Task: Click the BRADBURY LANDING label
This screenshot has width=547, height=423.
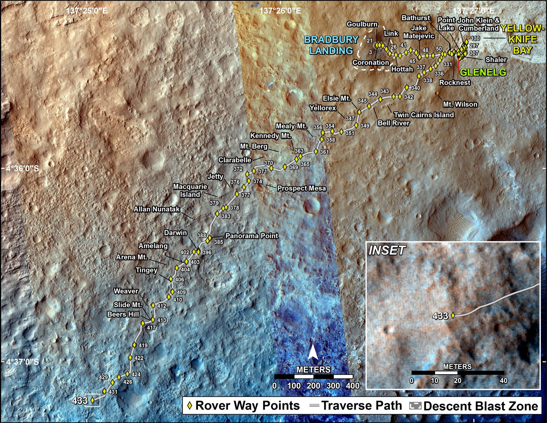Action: click(x=331, y=45)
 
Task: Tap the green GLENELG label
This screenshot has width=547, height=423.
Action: click(x=483, y=72)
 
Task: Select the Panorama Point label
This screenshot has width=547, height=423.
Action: click(x=252, y=236)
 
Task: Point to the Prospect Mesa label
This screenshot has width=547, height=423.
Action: click(x=302, y=188)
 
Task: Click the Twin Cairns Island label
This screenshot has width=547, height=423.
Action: click(x=424, y=115)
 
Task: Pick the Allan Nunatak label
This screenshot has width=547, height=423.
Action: click(x=157, y=209)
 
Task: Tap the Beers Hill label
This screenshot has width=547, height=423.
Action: click(x=123, y=314)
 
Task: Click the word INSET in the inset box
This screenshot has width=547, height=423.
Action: click(x=387, y=251)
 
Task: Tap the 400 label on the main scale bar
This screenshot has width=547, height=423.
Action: click(x=353, y=386)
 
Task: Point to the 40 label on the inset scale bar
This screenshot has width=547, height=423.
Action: click(x=504, y=381)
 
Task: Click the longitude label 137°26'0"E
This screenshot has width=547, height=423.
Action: click(x=280, y=11)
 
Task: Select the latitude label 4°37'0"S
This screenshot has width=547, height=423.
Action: click(x=23, y=362)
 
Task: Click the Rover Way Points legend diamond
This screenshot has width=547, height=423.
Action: click(x=190, y=406)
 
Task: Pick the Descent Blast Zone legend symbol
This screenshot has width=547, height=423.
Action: click(x=415, y=406)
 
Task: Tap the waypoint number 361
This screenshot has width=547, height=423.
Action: click(x=324, y=152)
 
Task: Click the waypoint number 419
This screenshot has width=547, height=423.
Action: click(x=143, y=346)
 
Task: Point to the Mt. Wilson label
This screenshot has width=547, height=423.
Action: click(x=460, y=104)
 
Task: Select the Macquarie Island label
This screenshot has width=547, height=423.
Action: click(x=190, y=191)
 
